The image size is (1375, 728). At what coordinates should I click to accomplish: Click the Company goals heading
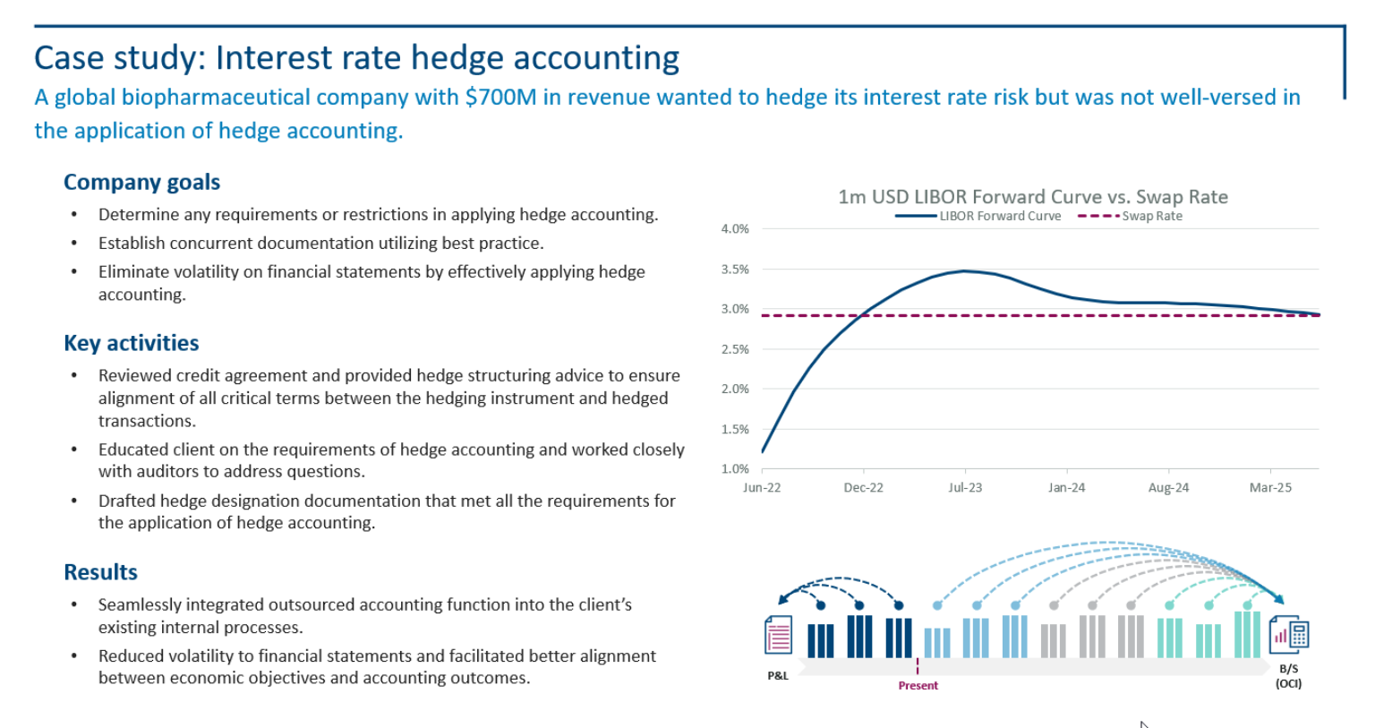(x=141, y=182)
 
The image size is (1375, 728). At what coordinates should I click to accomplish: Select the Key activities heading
(x=132, y=343)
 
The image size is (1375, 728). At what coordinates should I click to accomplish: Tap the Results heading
(x=100, y=572)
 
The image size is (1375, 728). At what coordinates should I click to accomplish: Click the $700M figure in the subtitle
(x=500, y=97)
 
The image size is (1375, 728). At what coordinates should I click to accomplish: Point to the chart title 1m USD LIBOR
(x=1032, y=197)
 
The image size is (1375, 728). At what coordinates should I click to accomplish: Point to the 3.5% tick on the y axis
(x=735, y=269)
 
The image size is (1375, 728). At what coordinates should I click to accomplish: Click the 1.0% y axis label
(x=735, y=468)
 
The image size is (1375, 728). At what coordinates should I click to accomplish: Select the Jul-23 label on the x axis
(x=965, y=488)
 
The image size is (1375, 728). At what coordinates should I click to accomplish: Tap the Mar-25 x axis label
(x=1270, y=488)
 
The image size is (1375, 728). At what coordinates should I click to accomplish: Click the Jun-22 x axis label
(x=762, y=488)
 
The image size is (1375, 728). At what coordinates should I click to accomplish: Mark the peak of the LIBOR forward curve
(x=964, y=270)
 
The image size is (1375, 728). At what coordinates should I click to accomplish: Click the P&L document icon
(x=778, y=635)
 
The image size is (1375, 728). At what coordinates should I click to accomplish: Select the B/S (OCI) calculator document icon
(x=1289, y=635)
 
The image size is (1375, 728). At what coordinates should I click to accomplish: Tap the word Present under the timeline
(x=918, y=686)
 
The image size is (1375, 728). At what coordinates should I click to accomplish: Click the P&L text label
(x=778, y=676)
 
